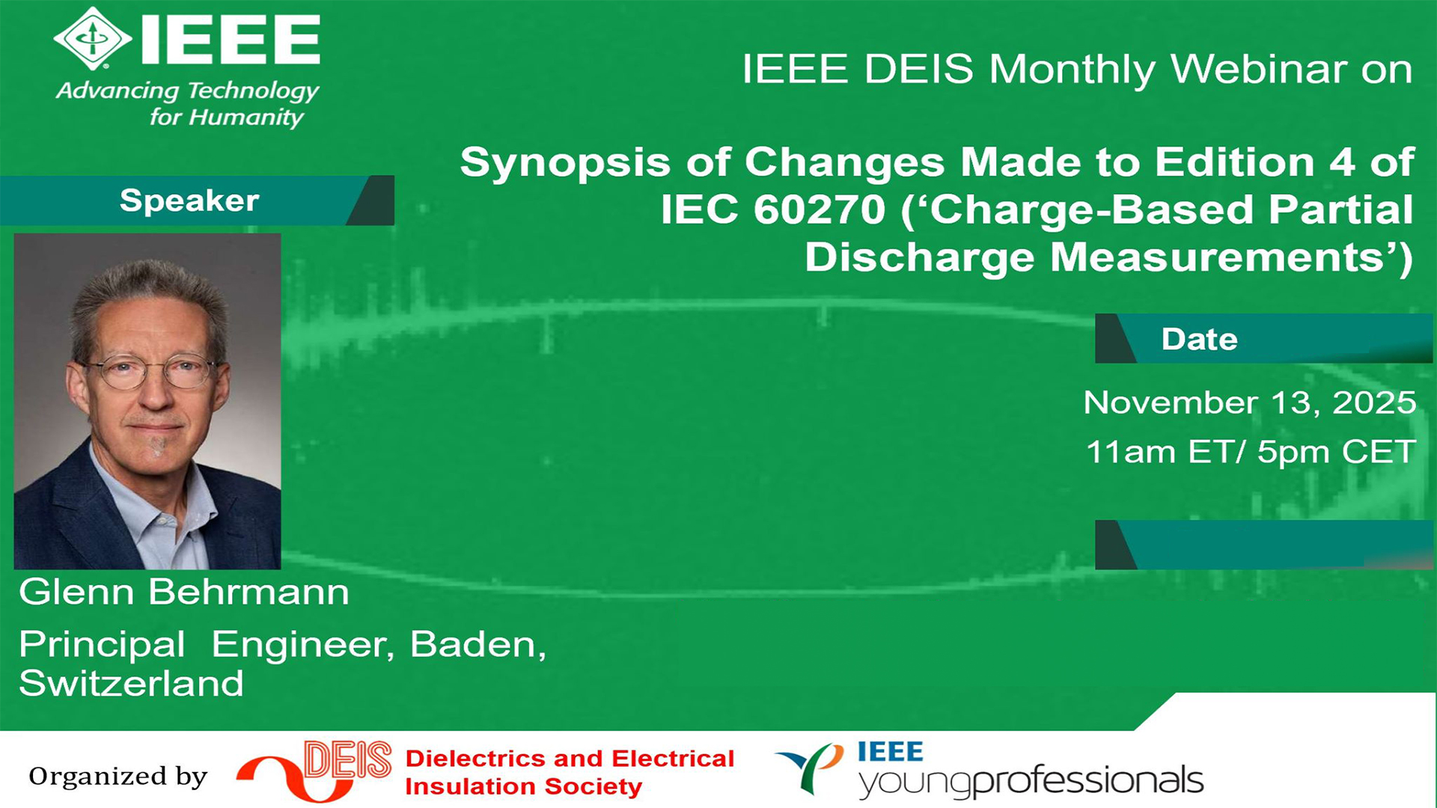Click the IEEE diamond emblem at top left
tap(93, 39)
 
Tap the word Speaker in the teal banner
tap(189, 201)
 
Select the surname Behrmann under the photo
tap(248, 592)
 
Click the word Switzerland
tap(132, 683)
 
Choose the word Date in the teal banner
tap(1199, 339)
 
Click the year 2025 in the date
tap(1374, 403)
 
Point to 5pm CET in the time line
tap(1336, 452)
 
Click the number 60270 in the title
tap(820, 209)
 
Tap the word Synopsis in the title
tap(565, 163)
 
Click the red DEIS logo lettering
tap(348, 760)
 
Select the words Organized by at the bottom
tap(118, 777)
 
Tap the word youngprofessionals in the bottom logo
tap(1031, 782)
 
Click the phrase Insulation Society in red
tap(524, 787)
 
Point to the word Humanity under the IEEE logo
tap(246, 117)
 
